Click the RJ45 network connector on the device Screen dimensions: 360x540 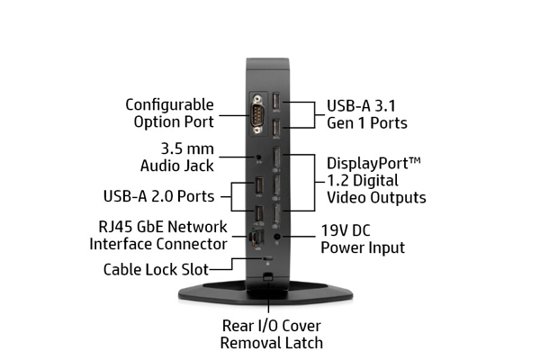click(255, 238)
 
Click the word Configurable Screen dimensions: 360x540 click(169, 104)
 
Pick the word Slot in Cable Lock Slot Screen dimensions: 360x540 click(193, 268)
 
